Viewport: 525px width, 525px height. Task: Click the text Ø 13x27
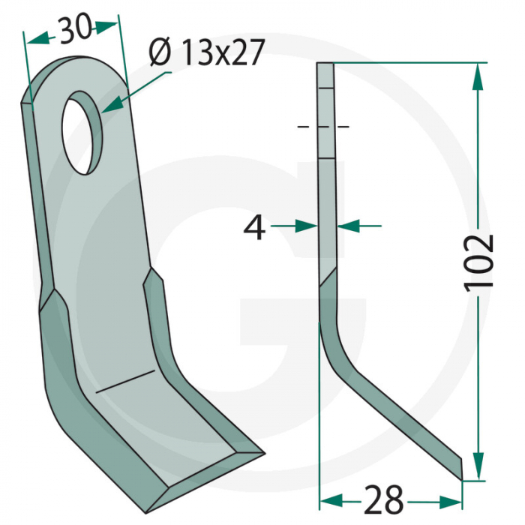pos(205,53)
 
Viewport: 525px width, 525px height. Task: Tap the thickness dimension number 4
pos(256,227)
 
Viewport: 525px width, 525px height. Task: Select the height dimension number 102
pos(478,262)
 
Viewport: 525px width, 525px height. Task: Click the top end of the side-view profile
pos(324,66)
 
